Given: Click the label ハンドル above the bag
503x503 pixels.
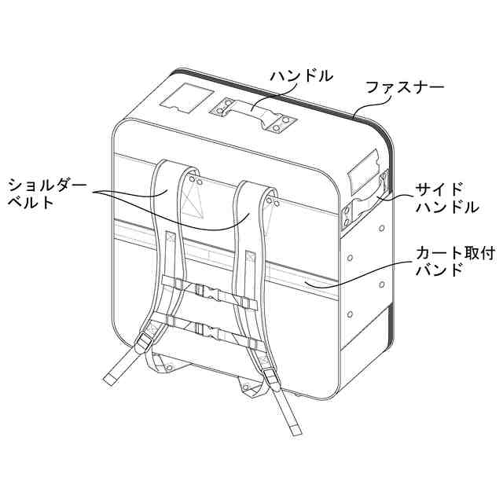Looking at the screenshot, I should point(302,76).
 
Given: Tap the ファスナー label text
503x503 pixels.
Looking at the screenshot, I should point(405,87).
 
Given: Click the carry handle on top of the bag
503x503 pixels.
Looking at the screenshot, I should point(252,111).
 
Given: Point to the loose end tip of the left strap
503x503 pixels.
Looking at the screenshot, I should point(109,380).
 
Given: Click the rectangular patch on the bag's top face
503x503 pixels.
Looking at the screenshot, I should point(185,98).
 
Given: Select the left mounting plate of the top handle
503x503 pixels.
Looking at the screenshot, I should point(221,109).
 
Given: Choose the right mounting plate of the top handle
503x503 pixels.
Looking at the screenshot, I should point(282,121).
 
